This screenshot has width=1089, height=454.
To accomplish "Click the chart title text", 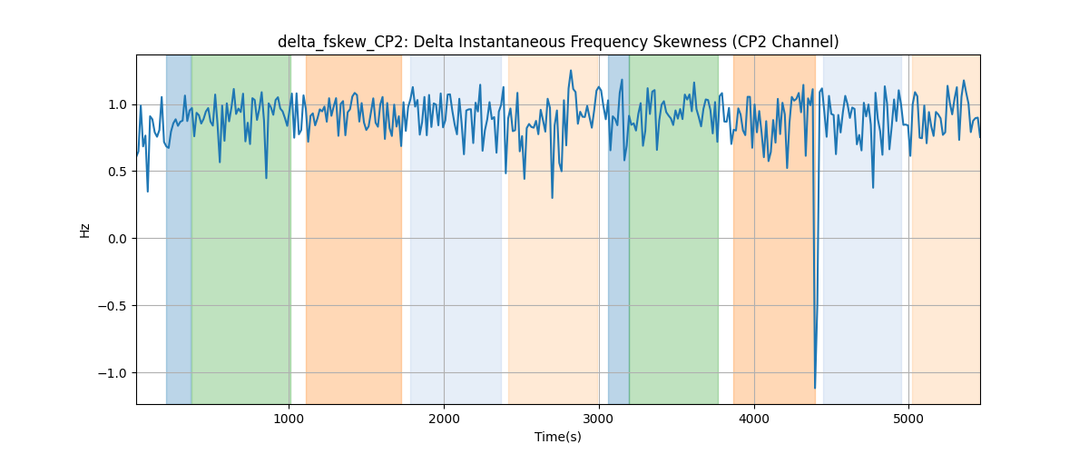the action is (x=558, y=42).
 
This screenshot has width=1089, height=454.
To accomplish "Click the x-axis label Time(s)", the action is (x=558, y=437).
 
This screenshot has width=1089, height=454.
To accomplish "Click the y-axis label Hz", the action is (x=85, y=230).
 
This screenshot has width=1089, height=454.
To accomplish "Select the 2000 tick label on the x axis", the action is (x=444, y=419).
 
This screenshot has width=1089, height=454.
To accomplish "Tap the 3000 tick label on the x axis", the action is (x=599, y=419).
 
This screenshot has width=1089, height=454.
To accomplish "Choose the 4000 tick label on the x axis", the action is (x=754, y=419).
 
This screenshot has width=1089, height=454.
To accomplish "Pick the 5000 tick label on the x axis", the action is (x=908, y=419).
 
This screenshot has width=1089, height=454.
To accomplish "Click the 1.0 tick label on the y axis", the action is (x=117, y=104).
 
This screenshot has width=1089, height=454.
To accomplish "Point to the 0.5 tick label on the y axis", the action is (x=117, y=172).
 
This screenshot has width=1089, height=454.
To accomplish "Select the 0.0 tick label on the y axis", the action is (x=117, y=239).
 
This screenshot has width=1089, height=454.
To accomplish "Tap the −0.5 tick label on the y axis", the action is (x=113, y=306).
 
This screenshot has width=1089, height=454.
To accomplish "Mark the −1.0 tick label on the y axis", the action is (x=113, y=373).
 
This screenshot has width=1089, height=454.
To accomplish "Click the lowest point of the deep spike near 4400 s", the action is (x=815, y=388).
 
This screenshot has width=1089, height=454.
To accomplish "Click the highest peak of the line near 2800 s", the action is (x=571, y=71).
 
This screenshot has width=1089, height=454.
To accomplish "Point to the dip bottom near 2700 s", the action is (x=553, y=198).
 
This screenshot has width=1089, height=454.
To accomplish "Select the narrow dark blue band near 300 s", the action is (x=179, y=229).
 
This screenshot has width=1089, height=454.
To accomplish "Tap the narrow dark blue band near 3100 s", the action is (x=618, y=229).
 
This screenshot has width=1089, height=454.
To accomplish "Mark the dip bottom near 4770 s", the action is (x=873, y=187).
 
